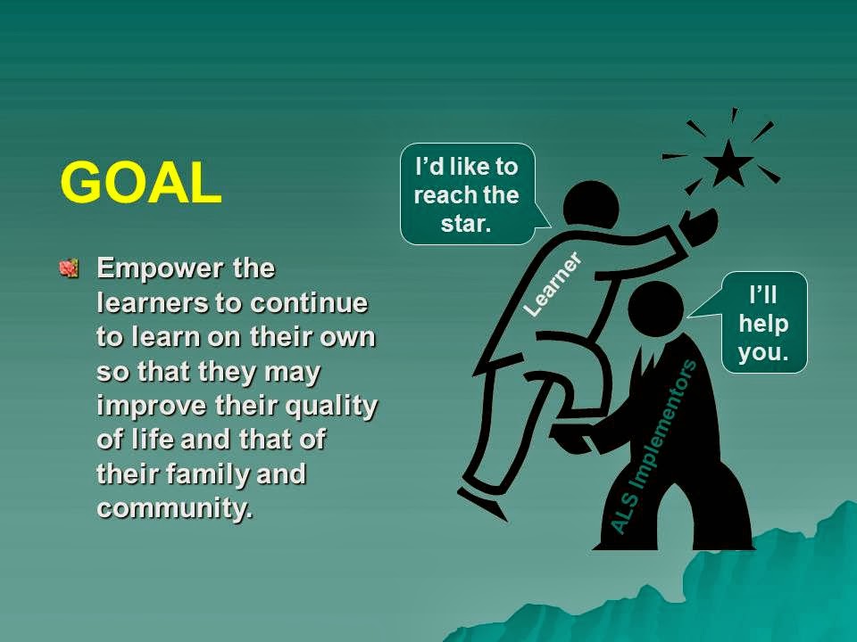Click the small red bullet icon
coord(70,267)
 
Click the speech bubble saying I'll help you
coord(763,323)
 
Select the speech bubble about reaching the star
coord(466,193)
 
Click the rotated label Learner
coord(552,284)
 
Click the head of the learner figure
coord(590,207)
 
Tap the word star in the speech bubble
coord(466,223)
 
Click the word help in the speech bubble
coord(763,323)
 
